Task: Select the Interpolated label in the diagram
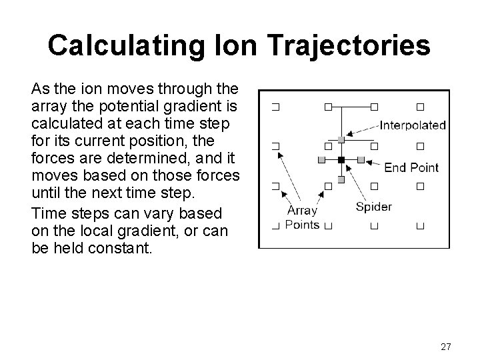tap(413, 125)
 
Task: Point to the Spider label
tap(374, 206)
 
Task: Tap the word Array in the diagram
tap(302, 211)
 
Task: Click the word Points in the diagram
tap(302, 225)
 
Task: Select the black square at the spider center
tap(341, 160)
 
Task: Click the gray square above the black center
tap(341, 139)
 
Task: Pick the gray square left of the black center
tap(321, 160)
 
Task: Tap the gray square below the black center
tap(341, 179)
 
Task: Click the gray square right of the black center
tap(361, 160)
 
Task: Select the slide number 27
tap(446, 347)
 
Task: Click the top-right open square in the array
tap(420, 106)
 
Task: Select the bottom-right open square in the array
tap(420, 227)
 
